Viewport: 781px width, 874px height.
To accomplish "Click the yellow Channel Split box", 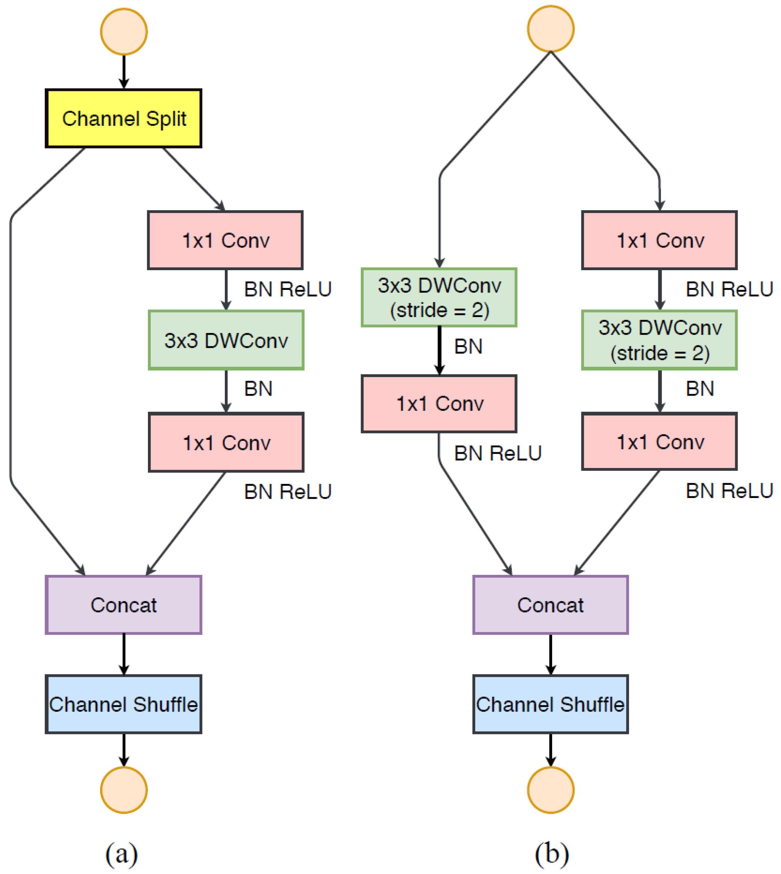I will click(x=123, y=118).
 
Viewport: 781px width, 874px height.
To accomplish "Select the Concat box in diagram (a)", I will click(x=123, y=605).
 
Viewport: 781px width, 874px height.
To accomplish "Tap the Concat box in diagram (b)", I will click(x=551, y=605).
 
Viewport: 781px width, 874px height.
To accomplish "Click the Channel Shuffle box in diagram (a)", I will click(x=123, y=704).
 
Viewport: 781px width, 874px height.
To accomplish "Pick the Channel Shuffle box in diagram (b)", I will click(x=551, y=704).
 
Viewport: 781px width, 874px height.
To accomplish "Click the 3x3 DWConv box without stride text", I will click(x=226, y=340).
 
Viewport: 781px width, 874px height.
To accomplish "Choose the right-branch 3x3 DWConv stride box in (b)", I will click(x=660, y=340).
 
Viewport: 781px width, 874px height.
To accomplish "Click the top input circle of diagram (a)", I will click(x=124, y=32).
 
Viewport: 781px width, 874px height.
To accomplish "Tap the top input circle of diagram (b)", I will click(x=551, y=29).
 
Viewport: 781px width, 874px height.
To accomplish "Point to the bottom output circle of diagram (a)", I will click(x=124, y=790).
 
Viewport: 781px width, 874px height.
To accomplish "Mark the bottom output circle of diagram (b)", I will click(x=551, y=790).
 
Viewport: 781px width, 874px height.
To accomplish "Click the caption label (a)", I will click(x=121, y=853).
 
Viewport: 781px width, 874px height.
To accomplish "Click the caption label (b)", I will click(x=552, y=853).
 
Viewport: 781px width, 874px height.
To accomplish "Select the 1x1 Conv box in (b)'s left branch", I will click(x=439, y=404).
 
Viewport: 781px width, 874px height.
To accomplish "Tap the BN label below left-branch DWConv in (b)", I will click(x=468, y=346).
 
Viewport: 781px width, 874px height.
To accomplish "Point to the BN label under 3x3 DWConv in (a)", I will click(x=258, y=388).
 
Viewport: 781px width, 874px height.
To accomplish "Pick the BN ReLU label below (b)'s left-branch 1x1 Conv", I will click(x=498, y=453).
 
